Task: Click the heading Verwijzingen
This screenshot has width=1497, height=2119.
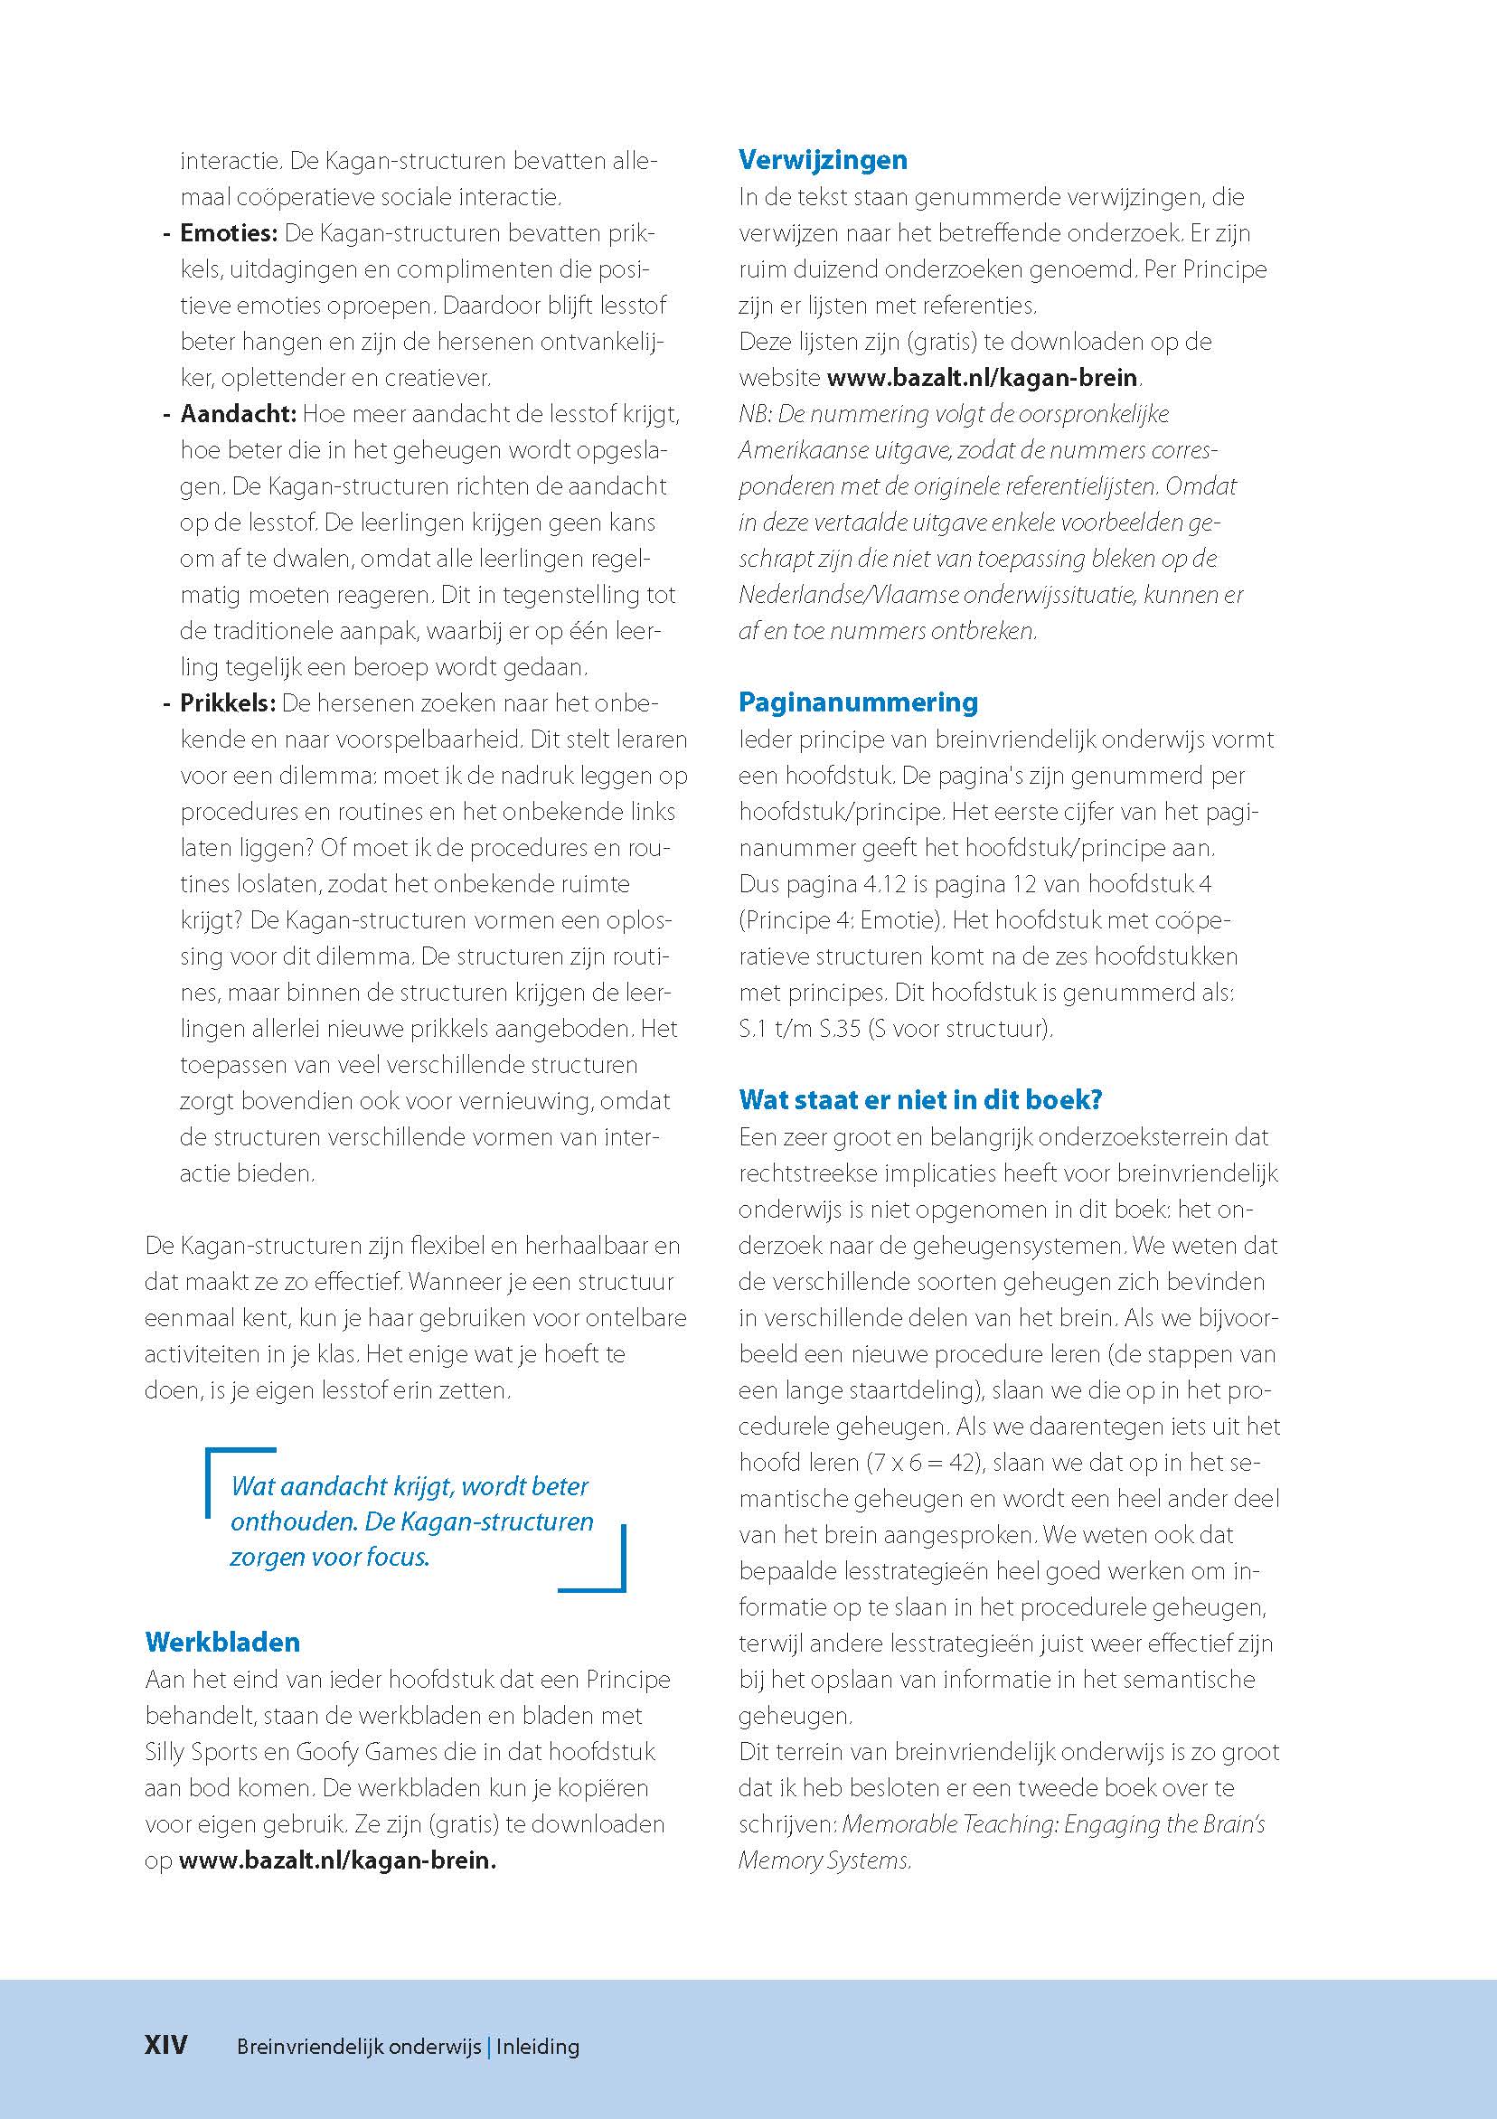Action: [x=823, y=160]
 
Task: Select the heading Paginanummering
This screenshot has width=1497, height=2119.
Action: [x=857, y=702]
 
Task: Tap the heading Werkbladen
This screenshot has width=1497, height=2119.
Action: [x=222, y=1642]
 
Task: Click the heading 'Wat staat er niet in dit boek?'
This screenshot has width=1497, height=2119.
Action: [x=920, y=1099]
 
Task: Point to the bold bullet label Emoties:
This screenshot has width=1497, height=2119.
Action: [x=228, y=233]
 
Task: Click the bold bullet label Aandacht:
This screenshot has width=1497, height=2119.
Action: [x=238, y=414]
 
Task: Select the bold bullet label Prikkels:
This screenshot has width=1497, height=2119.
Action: [x=228, y=703]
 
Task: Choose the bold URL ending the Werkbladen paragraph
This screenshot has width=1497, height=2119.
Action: [x=337, y=1860]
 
